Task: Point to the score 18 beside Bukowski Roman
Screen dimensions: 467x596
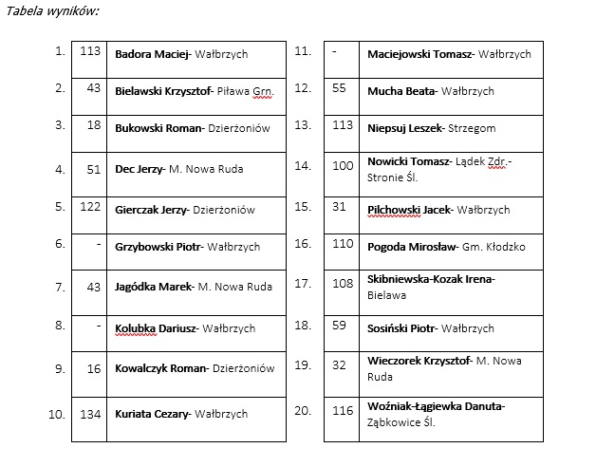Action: [93, 125]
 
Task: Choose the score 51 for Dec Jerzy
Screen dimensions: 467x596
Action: [93, 169]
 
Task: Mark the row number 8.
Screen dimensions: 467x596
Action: [60, 325]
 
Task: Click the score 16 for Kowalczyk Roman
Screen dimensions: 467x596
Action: [93, 366]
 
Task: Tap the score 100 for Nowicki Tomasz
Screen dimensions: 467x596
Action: [342, 165]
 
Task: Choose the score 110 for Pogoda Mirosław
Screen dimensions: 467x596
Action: [342, 244]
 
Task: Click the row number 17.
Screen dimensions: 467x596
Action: [303, 283]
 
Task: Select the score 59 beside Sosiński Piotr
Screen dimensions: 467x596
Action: [339, 325]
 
